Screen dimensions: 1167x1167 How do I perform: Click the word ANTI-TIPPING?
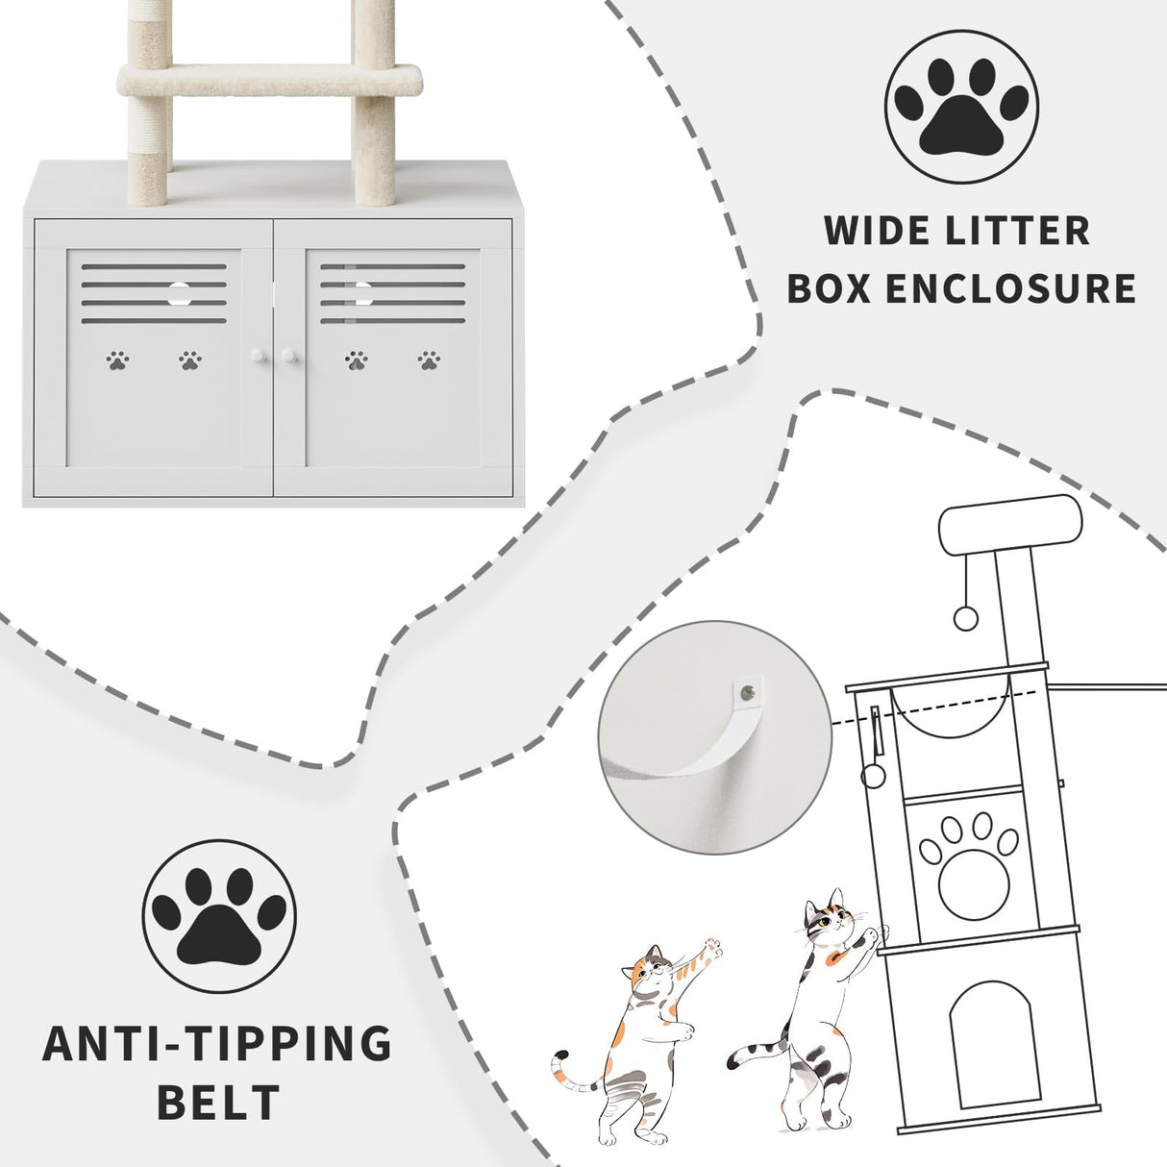click(217, 1044)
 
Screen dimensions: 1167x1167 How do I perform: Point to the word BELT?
click(218, 1102)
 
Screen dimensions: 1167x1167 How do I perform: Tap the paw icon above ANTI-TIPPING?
click(219, 916)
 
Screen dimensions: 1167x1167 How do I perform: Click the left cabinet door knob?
click(257, 357)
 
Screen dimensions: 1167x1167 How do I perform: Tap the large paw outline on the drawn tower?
click(968, 863)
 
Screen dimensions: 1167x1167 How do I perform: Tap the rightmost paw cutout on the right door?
click(429, 360)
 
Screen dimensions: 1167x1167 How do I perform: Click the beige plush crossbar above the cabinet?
click(270, 79)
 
